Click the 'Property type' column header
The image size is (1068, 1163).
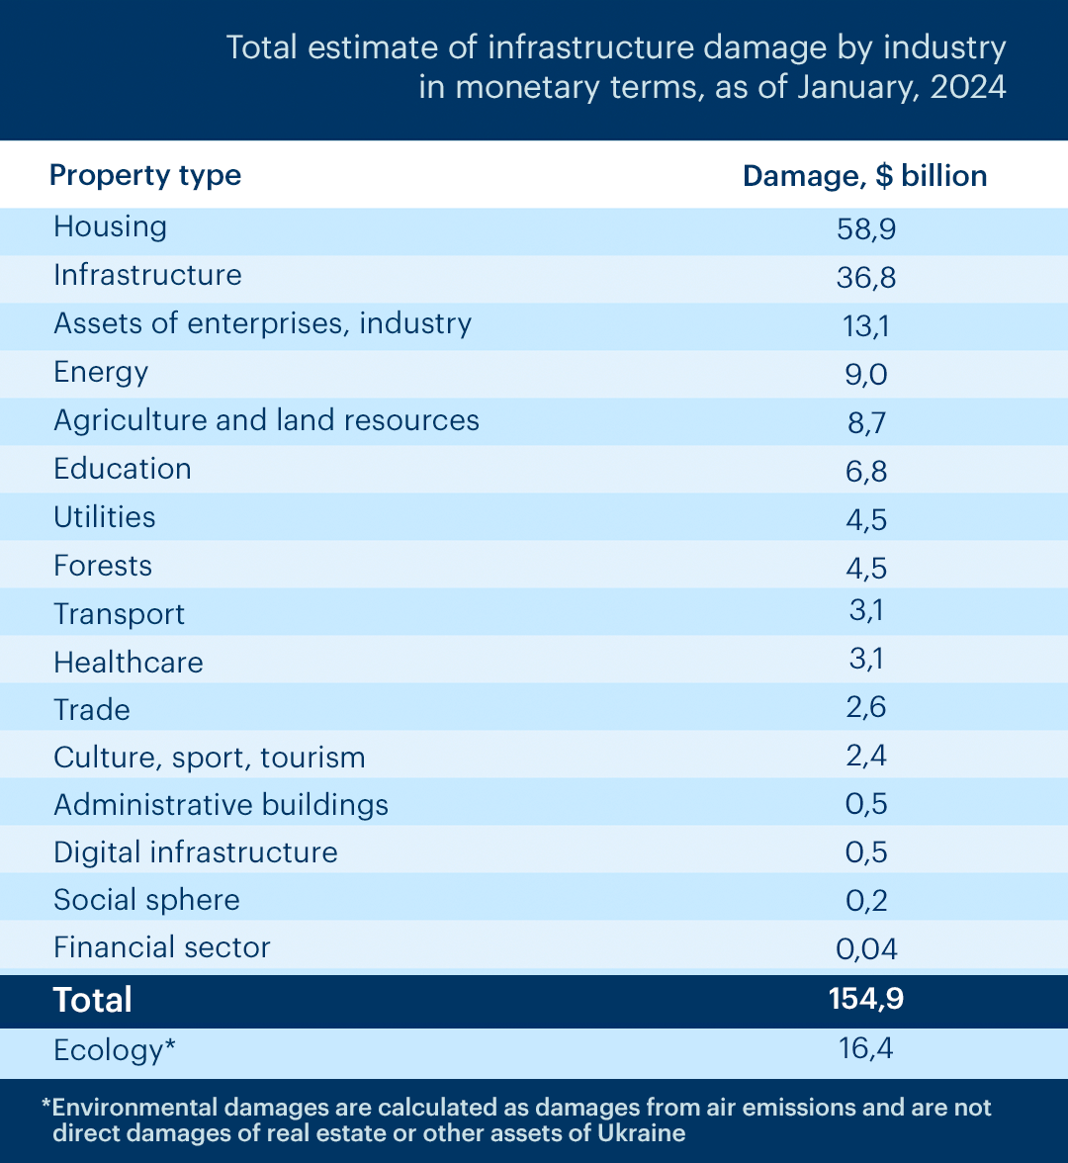click(x=145, y=176)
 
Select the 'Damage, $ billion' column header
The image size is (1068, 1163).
click(x=864, y=176)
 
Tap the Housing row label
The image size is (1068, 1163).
click(x=110, y=227)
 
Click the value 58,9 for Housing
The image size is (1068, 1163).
click(x=866, y=229)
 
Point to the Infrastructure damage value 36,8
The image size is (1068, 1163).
click(x=866, y=278)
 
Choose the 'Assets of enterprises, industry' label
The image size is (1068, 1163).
click(x=263, y=324)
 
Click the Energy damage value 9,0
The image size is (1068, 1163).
click(x=866, y=375)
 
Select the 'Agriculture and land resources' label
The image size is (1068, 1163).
click(x=266, y=420)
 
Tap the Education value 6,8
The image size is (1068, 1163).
click(x=866, y=472)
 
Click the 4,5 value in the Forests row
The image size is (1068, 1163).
click(x=866, y=569)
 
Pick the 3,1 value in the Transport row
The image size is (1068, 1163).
click(x=866, y=610)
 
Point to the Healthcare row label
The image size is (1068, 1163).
click(x=129, y=663)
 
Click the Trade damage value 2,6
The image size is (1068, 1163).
click(x=866, y=708)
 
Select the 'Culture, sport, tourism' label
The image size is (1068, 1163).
click(x=210, y=758)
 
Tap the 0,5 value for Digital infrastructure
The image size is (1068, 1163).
click(x=866, y=852)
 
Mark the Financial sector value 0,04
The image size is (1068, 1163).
click(x=866, y=949)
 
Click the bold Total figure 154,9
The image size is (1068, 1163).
click(x=866, y=999)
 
